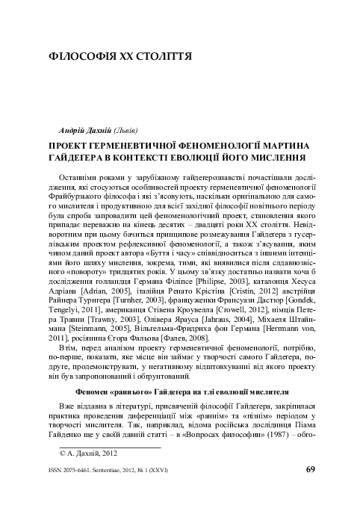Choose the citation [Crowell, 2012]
click(252, 307)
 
